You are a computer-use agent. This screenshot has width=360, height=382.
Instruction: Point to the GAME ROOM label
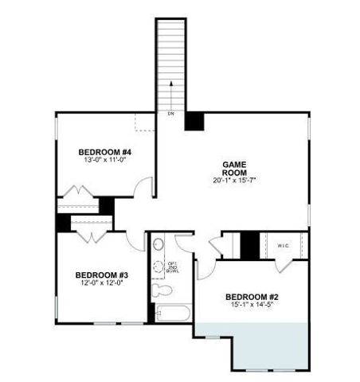[x=233, y=168]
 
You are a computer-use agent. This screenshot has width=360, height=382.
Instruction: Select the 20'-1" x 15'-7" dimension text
[x=233, y=181]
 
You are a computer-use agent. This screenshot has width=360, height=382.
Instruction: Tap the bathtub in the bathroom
[x=170, y=314]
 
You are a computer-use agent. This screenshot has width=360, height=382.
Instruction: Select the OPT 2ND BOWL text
[x=172, y=267]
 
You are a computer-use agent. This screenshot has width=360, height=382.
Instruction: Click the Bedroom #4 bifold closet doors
[x=79, y=194]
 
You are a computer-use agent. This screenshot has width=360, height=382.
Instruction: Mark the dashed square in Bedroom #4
[x=143, y=122]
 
